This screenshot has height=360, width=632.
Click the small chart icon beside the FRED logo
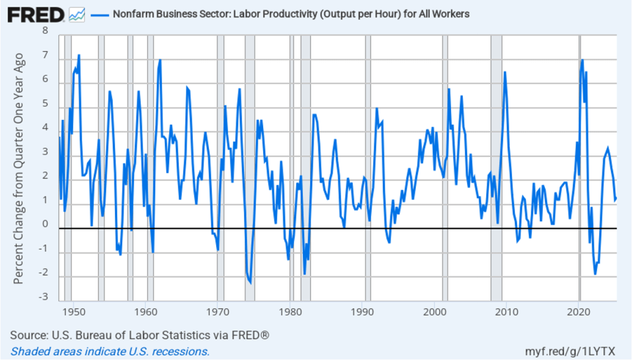[77, 14]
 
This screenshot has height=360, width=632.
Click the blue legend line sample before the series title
[99, 14]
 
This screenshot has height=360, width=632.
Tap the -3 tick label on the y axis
[43, 297]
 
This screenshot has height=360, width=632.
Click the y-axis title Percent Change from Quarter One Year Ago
[19, 168]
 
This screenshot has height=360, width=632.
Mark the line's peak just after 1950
[78, 56]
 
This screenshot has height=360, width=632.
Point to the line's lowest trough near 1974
[250, 283]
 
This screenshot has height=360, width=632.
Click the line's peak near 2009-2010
[505, 72]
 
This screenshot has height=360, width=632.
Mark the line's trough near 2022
[595, 274]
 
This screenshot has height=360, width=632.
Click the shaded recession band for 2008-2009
[496, 167]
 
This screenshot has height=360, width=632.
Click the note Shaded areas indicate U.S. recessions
[110, 351]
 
